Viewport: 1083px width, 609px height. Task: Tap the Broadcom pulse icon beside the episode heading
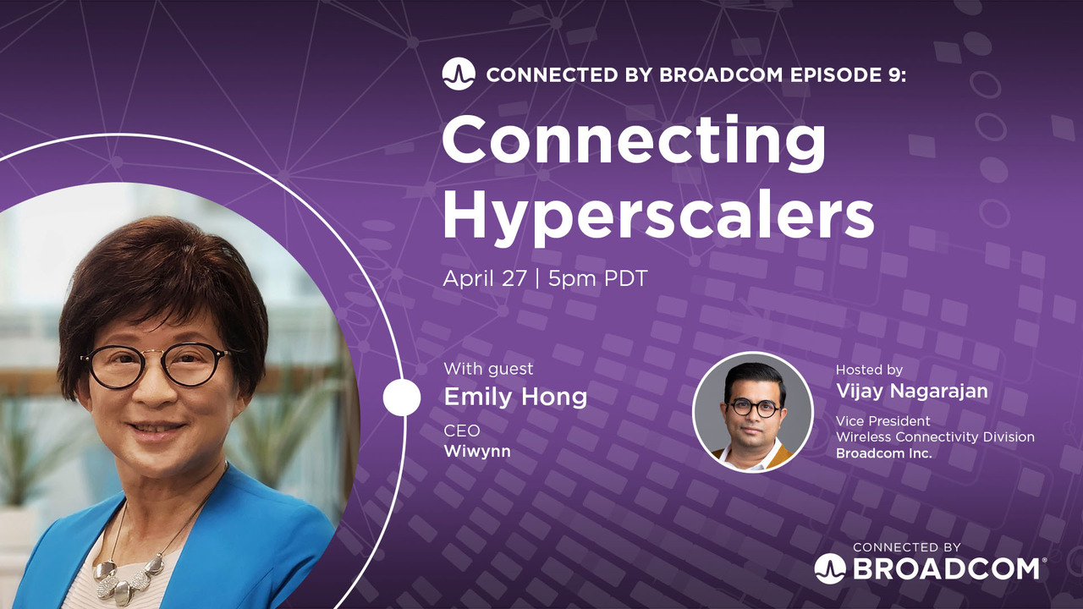point(458,74)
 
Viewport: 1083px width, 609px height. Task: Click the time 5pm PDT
point(597,278)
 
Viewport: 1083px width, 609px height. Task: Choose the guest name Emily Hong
point(515,396)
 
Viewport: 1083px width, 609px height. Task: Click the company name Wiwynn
point(477,451)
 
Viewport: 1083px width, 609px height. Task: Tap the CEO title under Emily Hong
point(462,431)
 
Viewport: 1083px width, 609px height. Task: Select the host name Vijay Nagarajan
point(911,391)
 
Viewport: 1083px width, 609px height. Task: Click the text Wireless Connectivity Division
point(935,436)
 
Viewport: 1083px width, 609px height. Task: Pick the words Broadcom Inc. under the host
point(883,453)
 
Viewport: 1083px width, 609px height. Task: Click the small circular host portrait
point(752,412)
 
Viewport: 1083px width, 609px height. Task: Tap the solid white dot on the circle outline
point(401,398)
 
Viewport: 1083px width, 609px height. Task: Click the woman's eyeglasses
point(157,366)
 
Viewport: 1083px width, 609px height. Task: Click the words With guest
point(488,369)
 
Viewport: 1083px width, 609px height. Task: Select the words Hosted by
point(869,370)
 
